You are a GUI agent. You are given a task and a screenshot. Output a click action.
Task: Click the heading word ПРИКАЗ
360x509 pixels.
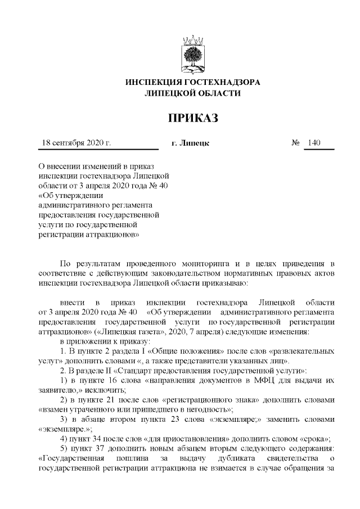[x=192, y=118]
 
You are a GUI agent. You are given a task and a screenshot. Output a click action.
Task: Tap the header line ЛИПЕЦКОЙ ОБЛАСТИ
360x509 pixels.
[x=192, y=93]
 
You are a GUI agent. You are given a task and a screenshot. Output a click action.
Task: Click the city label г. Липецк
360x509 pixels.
[x=190, y=143]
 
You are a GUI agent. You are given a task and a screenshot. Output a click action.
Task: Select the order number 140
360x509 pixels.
[x=314, y=143]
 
